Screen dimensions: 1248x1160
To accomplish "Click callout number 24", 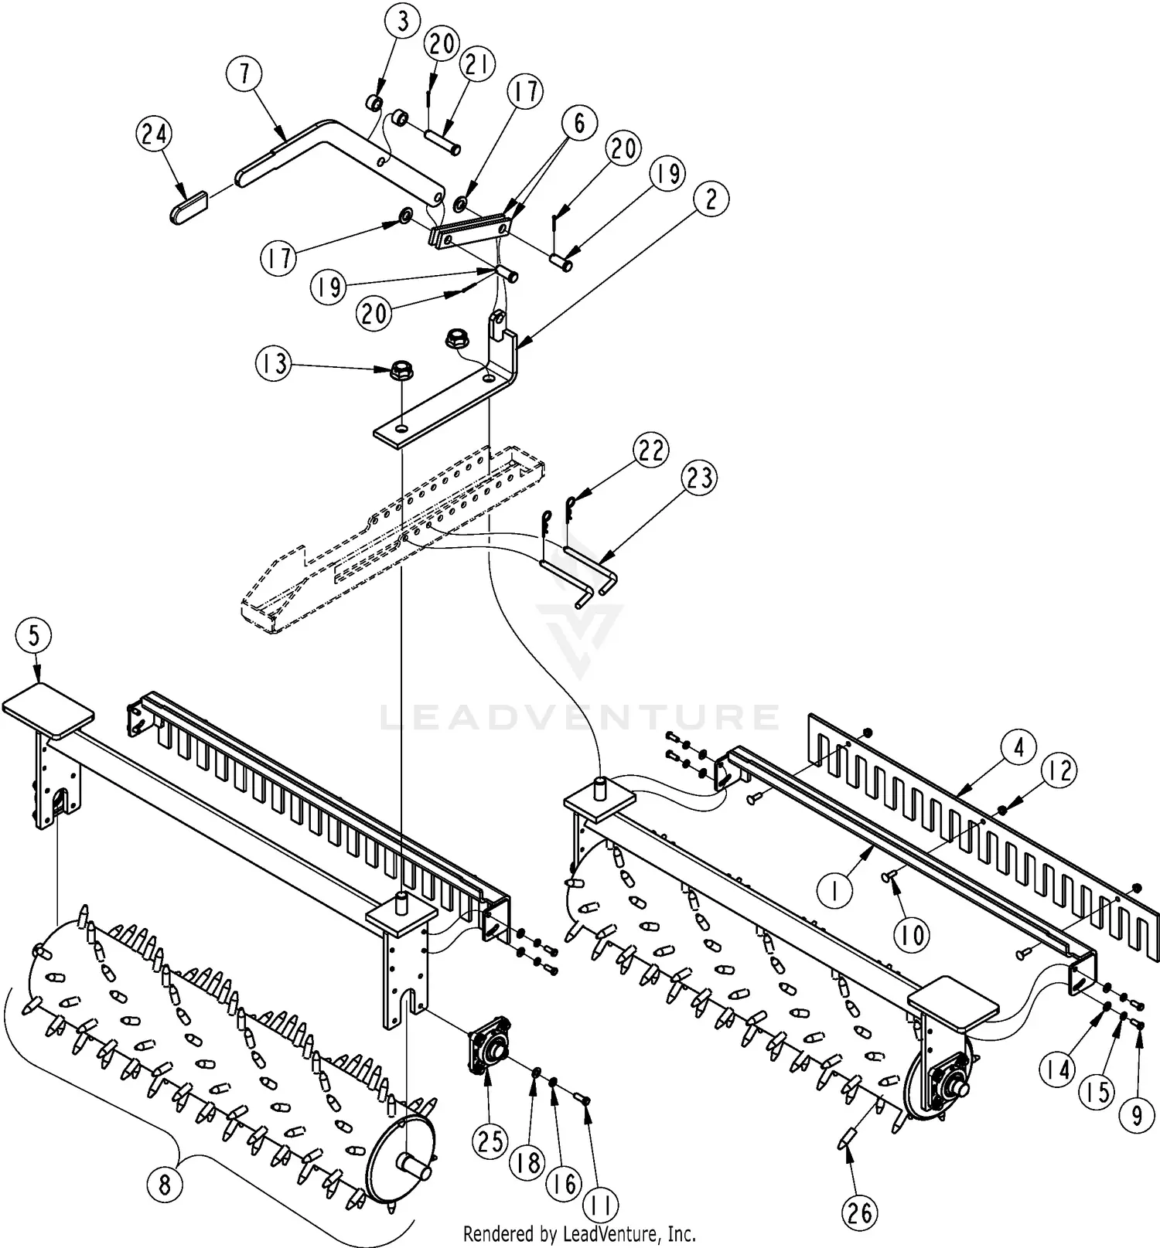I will tap(155, 134).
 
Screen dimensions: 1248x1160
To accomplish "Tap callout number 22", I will tap(651, 450).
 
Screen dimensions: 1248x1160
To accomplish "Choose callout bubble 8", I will tap(165, 1185).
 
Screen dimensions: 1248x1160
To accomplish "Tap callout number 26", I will tap(860, 1213).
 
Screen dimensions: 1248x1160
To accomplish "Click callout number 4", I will tap(1019, 748).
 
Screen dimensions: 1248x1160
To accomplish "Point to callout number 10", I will tap(913, 936).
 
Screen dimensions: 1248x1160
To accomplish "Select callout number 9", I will tap(1137, 1116).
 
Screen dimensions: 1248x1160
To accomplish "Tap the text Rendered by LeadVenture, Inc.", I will tap(579, 1233).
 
